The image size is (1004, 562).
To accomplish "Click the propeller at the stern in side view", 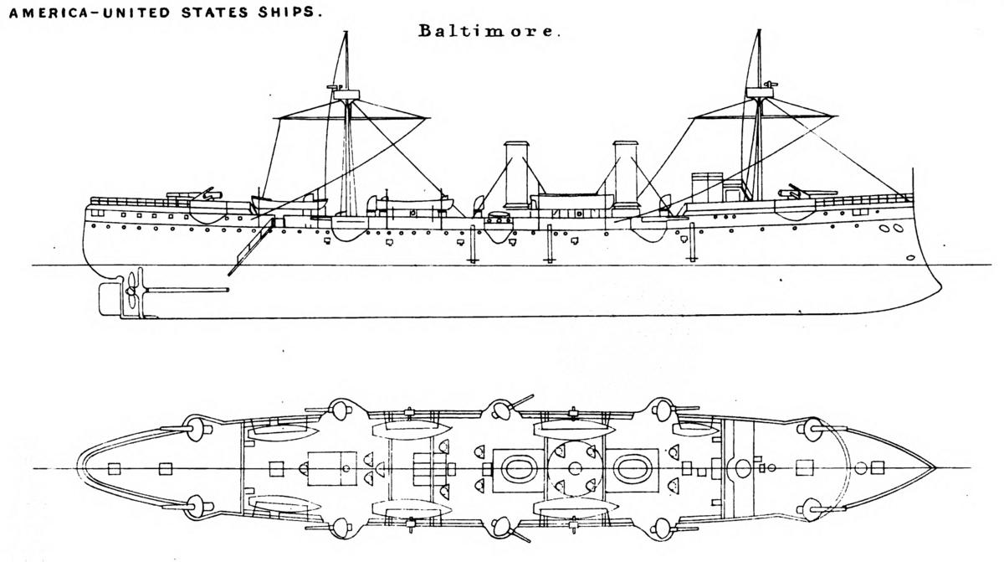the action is (x=131, y=290).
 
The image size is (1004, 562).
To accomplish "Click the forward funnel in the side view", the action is (x=626, y=175).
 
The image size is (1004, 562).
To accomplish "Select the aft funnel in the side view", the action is (x=516, y=176).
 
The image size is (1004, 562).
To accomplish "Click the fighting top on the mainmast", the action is (x=346, y=95).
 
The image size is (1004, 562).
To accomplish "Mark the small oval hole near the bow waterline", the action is (x=910, y=258).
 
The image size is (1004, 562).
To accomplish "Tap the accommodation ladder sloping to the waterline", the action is (x=250, y=247).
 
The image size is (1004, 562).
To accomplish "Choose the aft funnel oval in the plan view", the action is (x=519, y=469).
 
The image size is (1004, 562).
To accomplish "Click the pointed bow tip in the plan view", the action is (x=935, y=468).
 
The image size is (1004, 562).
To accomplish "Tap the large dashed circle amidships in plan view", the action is (x=575, y=469).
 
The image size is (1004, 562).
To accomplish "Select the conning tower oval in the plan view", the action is (x=743, y=468).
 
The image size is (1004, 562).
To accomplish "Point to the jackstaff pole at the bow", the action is (x=913, y=184).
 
